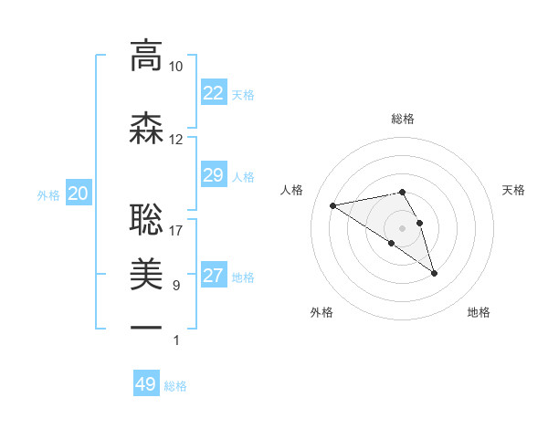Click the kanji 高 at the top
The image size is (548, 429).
[x=146, y=57]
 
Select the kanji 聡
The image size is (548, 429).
[x=146, y=220]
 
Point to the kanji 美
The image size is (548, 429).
[x=146, y=273]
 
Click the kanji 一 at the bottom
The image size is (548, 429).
[x=146, y=326]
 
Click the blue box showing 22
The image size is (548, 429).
[x=213, y=93]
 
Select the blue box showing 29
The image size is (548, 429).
[x=213, y=175]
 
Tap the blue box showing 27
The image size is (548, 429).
[x=213, y=276]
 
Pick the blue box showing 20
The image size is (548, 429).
[x=79, y=194]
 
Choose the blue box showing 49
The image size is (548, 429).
[x=146, y=384]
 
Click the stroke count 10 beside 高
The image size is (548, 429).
[x=176, y=67]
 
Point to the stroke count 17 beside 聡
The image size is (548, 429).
[x=176, y=230]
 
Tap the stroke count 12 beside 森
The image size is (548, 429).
[x=176, y=140]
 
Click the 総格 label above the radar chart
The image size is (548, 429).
[x=403, y=119]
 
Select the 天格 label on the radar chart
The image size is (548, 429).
[x=514, y=190]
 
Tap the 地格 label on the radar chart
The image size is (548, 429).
[x=479, y=312]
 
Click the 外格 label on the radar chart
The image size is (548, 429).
[x=321, y=312]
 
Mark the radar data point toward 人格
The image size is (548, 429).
[x=333, y=204]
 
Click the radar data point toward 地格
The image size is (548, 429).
[x=434, y=273]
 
